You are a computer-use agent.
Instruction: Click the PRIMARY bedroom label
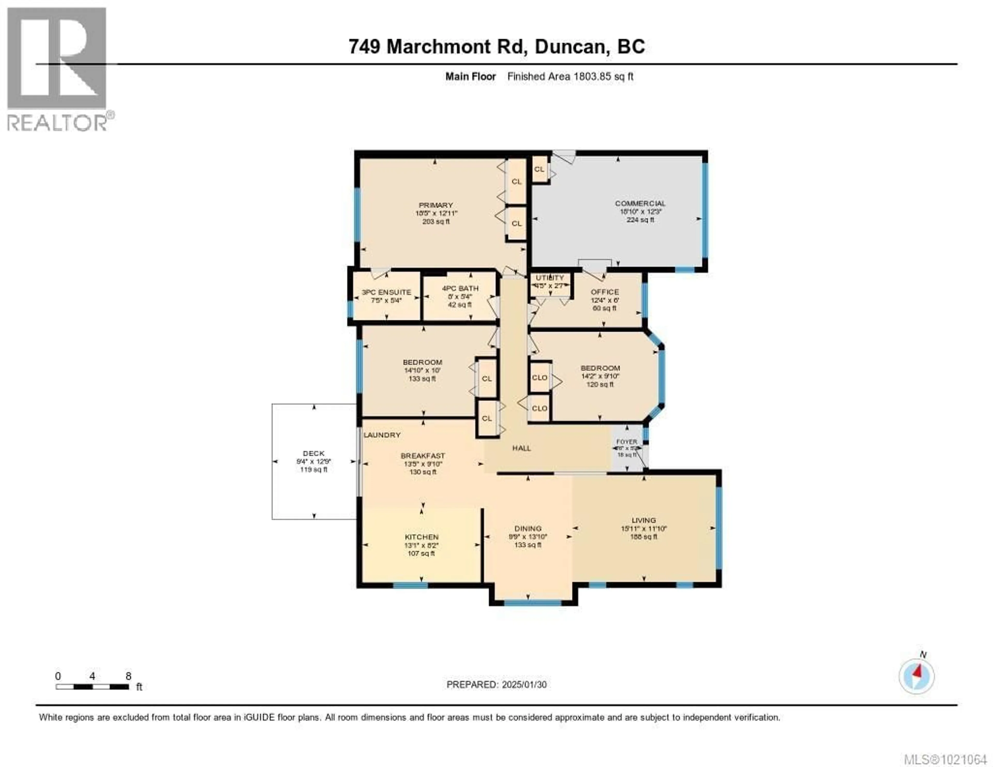(x=435, y=205)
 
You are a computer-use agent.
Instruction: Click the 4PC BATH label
(x=460, y=288)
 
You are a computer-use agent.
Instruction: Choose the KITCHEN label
(x=422, y=537)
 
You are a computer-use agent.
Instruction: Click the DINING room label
(x=528, y=528)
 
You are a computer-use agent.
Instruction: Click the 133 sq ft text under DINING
(x=528, y=545)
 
